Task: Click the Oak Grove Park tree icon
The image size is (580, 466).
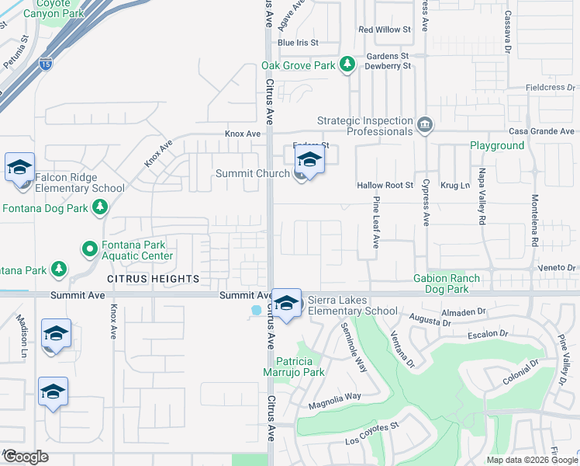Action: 348,64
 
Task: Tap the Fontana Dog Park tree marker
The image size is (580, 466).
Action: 99,207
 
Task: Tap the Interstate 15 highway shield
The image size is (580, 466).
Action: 47,66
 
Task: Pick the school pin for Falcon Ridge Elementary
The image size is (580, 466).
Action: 20,167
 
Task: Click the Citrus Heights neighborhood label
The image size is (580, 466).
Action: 153,278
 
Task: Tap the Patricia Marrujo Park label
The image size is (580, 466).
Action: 300,367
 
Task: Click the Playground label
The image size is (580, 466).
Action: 497,145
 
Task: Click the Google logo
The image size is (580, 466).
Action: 25,457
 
